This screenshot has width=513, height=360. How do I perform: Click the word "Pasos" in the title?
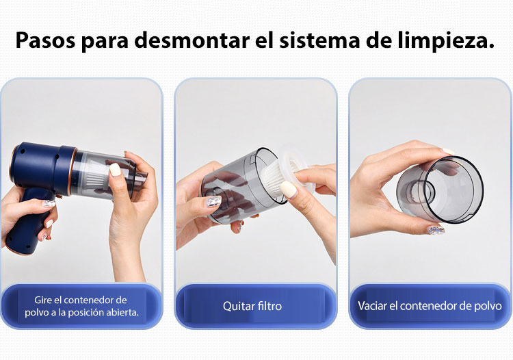coord(45,40)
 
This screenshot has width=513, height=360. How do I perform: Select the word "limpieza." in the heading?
coord(446,40)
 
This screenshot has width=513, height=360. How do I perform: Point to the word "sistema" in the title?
coord(319,40)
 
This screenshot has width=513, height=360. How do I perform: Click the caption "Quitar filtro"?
coord(252,306)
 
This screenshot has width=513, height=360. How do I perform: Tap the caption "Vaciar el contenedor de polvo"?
coord(430,306)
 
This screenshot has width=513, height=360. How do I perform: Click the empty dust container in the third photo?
coord(440,190)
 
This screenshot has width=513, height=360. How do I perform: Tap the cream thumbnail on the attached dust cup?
coord(115,170)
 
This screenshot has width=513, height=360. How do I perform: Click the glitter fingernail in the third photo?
coord(436,230)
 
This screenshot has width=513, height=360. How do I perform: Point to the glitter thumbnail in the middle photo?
coord(213,201)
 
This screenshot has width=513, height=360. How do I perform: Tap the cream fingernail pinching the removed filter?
coord(288,189)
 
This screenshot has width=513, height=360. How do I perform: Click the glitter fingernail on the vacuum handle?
coord(49,203)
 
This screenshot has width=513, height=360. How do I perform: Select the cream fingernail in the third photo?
coord(448,151)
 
